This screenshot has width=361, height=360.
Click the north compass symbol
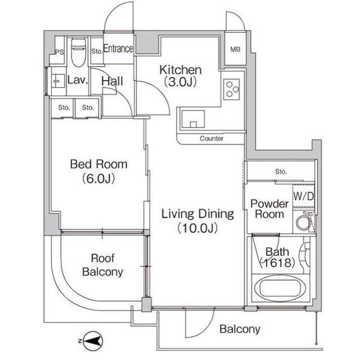(x=91, y=341)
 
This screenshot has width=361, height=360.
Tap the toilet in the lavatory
(x=78, y=52)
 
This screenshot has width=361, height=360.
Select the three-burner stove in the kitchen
(x=231, y=89)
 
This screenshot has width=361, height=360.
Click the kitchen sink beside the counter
(x=193, y=119)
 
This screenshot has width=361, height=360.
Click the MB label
(x=235, y=49)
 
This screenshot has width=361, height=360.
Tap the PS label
(x=59, y=52)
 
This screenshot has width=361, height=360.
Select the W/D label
(x=304, y=196)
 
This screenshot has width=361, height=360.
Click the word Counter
(x=212, y=139)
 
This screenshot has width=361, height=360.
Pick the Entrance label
(x=118, y=48)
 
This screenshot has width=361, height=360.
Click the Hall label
(x=112, y=81)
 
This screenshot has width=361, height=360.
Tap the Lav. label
(x=78, y=80)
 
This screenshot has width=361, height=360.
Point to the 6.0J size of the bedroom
(x=99, y=179)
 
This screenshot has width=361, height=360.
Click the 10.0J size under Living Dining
(x=197, y=228)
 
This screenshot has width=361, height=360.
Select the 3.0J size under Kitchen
(x=180, y=82)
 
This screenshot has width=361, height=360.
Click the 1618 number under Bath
(x=277, y=263)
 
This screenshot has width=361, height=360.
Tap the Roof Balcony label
(x=103, y=265)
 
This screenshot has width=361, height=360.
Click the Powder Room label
(x=270, y=209)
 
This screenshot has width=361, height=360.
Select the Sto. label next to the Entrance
(x=96, y=51)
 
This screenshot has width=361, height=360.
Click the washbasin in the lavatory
(x=58, y=81)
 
